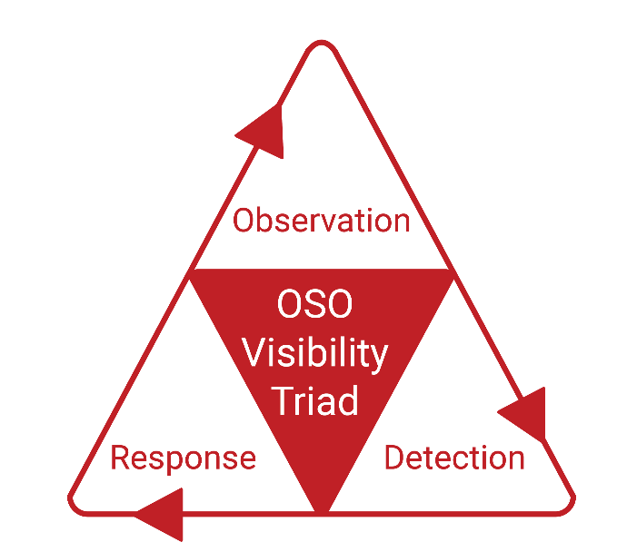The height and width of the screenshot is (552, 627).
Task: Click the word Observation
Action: coord(321,220)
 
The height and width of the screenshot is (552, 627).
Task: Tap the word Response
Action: coord(184,458)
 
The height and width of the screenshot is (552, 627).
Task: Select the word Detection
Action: coord(454,458)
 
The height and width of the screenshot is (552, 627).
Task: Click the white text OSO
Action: coord(314,304)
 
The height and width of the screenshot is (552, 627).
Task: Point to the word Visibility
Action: coord(314,354)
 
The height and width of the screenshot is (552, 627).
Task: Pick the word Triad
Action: coord(314,401)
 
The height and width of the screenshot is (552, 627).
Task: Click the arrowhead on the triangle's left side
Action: coord(264,131)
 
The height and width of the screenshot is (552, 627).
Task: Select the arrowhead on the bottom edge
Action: coord(160,515)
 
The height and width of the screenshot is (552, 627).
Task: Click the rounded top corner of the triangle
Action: coord(322,43)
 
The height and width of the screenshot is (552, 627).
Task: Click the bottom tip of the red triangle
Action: coord(322,511)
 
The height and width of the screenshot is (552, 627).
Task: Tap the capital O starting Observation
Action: coord(242,220)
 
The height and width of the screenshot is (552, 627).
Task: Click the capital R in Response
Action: coord(120,458)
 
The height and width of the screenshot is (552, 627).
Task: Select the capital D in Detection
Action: coord(394,458)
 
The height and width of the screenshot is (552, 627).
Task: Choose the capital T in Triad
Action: coord(284,400)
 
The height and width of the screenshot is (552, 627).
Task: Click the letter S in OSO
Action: coord(315,304)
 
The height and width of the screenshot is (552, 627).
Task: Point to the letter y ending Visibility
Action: coord(377,359)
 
